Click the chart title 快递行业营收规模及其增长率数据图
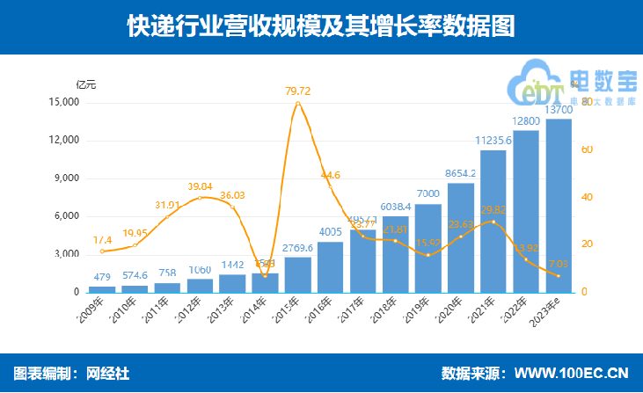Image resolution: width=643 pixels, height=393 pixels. [321, 27]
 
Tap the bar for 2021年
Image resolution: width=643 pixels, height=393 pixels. [493, 222]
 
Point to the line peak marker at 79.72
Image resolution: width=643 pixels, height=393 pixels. [298, 104]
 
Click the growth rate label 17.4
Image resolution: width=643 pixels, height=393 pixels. [102, 239]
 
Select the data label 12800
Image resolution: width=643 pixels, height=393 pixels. [526, 120]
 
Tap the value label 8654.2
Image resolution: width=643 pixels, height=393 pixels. [461, 173]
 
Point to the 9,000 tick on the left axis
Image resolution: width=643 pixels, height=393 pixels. [65, 178]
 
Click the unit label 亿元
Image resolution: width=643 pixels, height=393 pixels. [86, 84]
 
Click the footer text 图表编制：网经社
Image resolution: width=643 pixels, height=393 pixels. [72, 374]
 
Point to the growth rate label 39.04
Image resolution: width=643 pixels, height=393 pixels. [201, 186]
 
